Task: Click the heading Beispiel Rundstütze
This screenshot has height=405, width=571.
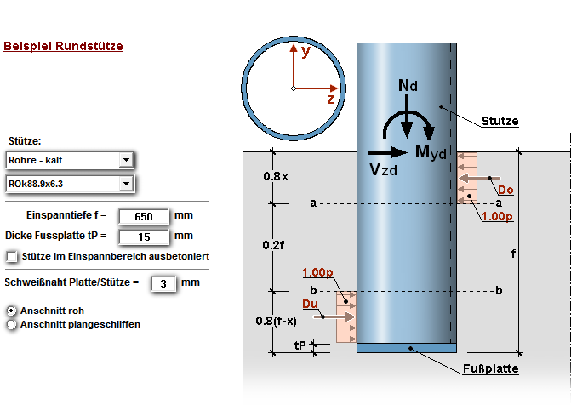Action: click(64, 46)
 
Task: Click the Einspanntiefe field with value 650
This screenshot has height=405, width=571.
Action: click(142, 216)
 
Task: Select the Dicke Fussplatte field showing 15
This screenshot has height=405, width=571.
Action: click(142, 236)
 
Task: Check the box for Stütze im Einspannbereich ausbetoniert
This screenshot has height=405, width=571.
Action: click(12, 255)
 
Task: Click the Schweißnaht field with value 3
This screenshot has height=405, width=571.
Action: click(163, 282)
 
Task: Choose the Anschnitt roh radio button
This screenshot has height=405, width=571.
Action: click(12, 311)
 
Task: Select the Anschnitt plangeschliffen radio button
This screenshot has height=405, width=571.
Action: click(12, 323)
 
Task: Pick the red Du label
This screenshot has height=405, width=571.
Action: click(311, 303)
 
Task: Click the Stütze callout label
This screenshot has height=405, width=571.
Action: click(500, 121)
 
